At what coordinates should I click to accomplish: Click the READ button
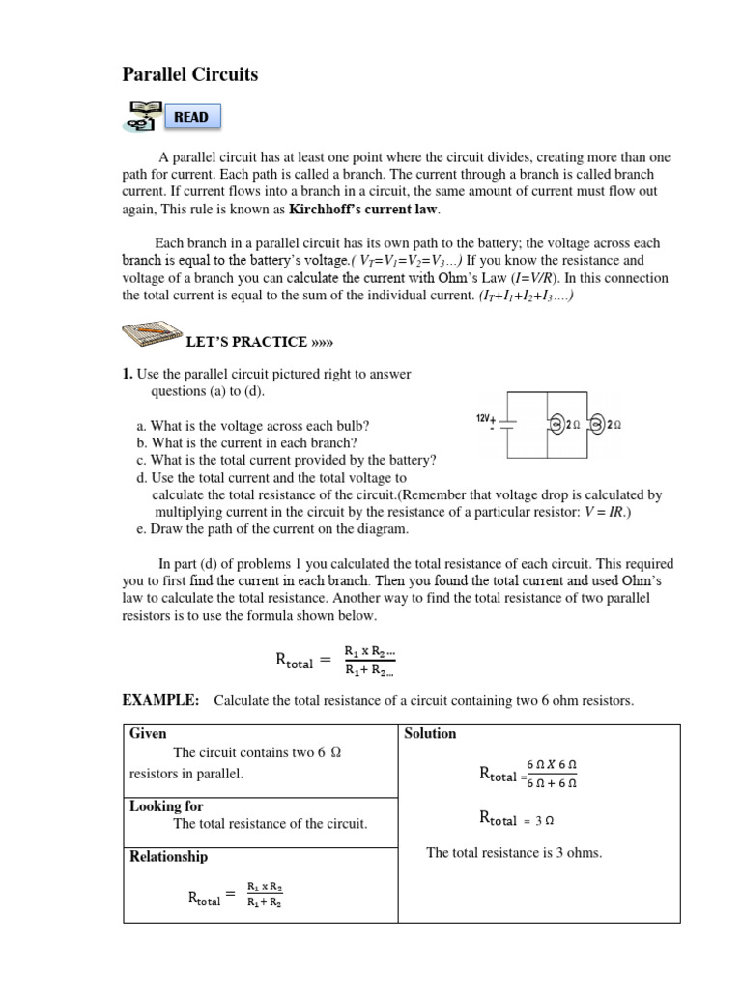(x=190, y=117)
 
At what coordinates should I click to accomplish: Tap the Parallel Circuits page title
(x=190, y=74)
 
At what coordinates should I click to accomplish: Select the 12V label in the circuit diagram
(x=485, y=418)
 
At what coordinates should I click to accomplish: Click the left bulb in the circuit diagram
(x=559, y=423)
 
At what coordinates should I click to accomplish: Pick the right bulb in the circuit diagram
(x=599, y=423)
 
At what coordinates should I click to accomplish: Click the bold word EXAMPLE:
(x=160, y=700)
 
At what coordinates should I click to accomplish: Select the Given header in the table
(x=148, y=734)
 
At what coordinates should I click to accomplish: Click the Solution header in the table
(x=431, y=734)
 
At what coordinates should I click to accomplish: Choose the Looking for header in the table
(x=166, y=806)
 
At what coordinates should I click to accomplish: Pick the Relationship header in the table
(x=168, y=857)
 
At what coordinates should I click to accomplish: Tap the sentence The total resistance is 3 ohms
(x=514, y=853)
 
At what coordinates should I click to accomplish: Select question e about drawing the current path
(x=273, y=529)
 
